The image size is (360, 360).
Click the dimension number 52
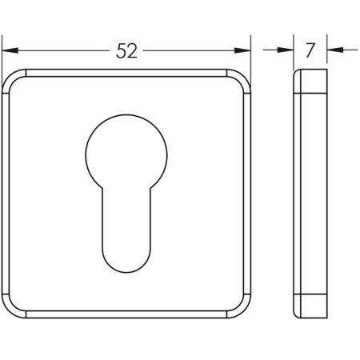tap(127, 50)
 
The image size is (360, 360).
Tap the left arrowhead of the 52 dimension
tap(10, 50)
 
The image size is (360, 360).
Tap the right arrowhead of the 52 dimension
tap(243, 50)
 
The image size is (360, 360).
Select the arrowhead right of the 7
tap(334, 50)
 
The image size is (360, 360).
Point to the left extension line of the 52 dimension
tap(2, 56)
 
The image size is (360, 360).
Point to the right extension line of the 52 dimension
tap(251, 56)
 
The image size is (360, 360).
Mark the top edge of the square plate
tap(126, 70)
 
